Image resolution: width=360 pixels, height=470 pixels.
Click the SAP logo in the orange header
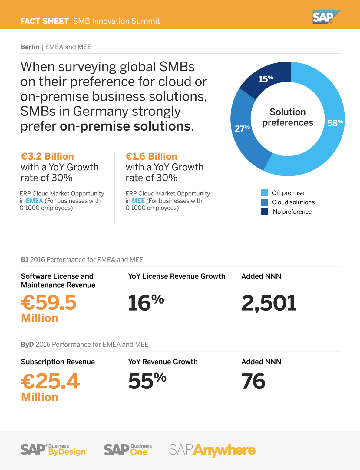pyautogui.click(x=326, y=17)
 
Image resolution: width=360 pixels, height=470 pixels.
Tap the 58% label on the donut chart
pyautogui.click(x=335, y=123)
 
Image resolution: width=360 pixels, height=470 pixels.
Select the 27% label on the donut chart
pyautogui.click(x=242, y=128)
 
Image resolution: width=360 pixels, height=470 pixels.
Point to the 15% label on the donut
pyautogui.click(x=266, y=79)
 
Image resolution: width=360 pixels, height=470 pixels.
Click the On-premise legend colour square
pyautogui.click(x=264, y=193)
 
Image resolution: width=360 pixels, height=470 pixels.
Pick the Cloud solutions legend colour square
pyautogui.click(x=264, y=202)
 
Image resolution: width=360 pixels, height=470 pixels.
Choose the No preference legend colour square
pyautogui.click(x=264, y=212)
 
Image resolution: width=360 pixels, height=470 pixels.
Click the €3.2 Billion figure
pyautogui.click(x=47, y=156)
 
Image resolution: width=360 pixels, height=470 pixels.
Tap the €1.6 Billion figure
pyautogui.click(x=151, y=156)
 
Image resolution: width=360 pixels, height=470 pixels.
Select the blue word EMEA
pyautogui.click(x=34, y=201)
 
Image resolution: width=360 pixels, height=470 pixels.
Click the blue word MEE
pyautogui.click(x=138, y=201)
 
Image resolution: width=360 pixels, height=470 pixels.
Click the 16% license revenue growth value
pyautogui.click(x=146, y=303)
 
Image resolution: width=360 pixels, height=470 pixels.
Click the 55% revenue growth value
pyautogui.click(x=147, y=381)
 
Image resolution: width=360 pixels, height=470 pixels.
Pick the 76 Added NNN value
pyautogui.click(x=253, y=381)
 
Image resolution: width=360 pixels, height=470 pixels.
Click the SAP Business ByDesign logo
pyautogui.click(x=54, y=450)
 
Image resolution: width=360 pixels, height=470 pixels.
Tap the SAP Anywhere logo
pyautogui.click(x=212, y=450)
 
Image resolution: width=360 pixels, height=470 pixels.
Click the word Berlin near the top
pyautogui.click(x=30, y=47)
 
